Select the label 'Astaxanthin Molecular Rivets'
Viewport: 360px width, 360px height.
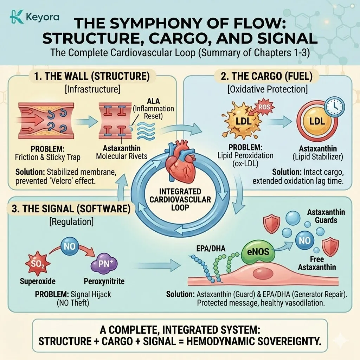coord(122,152)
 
